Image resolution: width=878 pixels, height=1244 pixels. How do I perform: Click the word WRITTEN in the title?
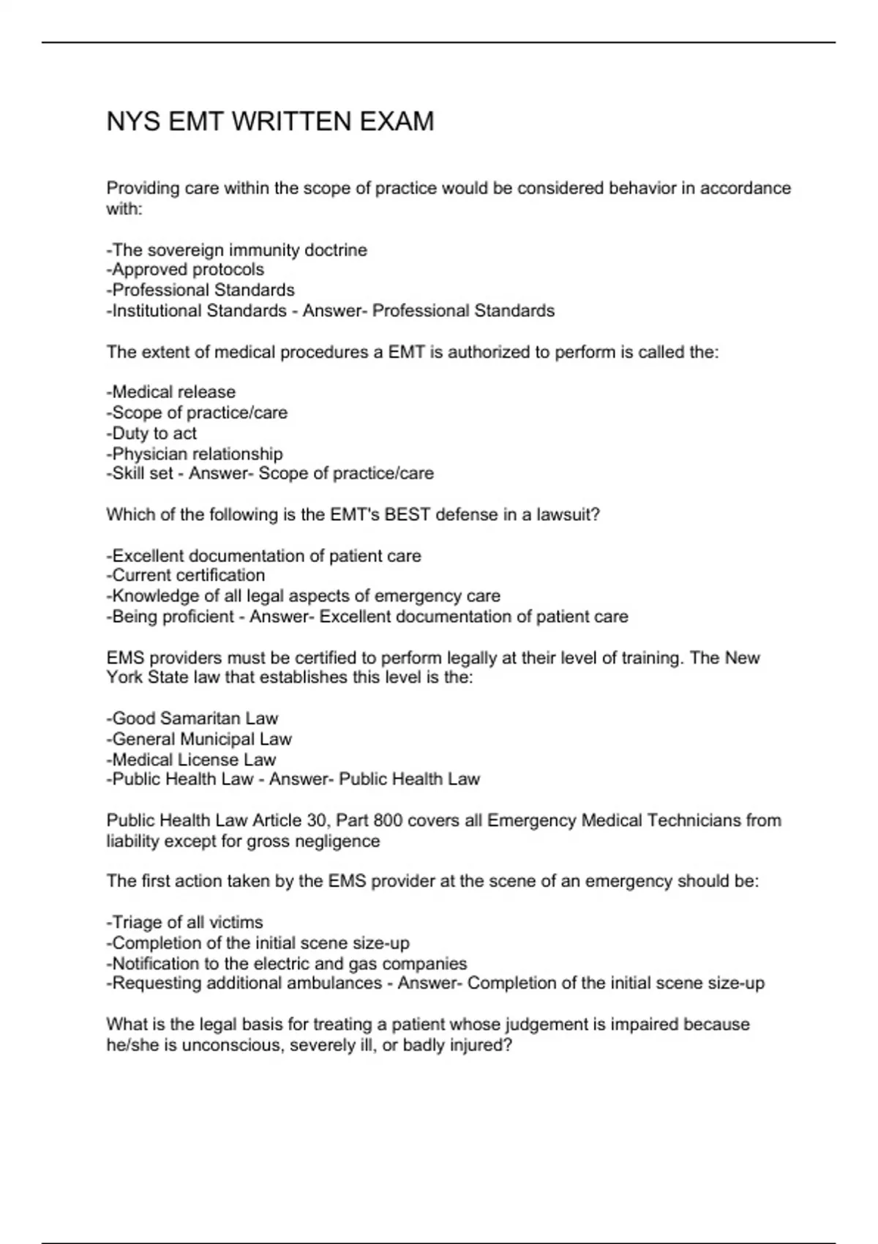click(x=282, y=121)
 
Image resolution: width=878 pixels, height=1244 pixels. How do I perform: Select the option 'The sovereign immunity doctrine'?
click(x=237, y=250)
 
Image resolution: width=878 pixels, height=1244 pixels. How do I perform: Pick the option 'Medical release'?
click(x=171, y=392)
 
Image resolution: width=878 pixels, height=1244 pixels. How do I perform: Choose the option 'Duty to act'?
click(x=151, y=433)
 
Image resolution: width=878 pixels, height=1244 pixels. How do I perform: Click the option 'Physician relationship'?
click(x=195, y=454)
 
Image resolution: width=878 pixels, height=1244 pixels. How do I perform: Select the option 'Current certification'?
click(x=186, y=576)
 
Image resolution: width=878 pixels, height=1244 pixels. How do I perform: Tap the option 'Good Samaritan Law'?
click(x=192, y=719)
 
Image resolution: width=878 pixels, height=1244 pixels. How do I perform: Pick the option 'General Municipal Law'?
click(x=199, y=739)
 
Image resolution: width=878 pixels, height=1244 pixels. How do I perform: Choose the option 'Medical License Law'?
click(x=191, y=760)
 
